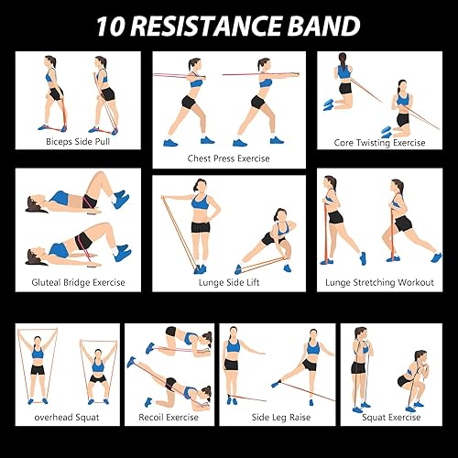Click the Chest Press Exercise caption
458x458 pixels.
tap(228, 157)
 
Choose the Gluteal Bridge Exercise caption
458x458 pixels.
tap(78, 282)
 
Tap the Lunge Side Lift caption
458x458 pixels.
tap(228, 282)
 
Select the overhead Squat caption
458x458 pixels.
tap(67, 417)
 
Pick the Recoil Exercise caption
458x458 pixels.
tap(169, 417)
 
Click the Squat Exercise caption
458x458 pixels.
tap(390, 417)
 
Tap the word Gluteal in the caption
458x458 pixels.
tap(49, 282)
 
